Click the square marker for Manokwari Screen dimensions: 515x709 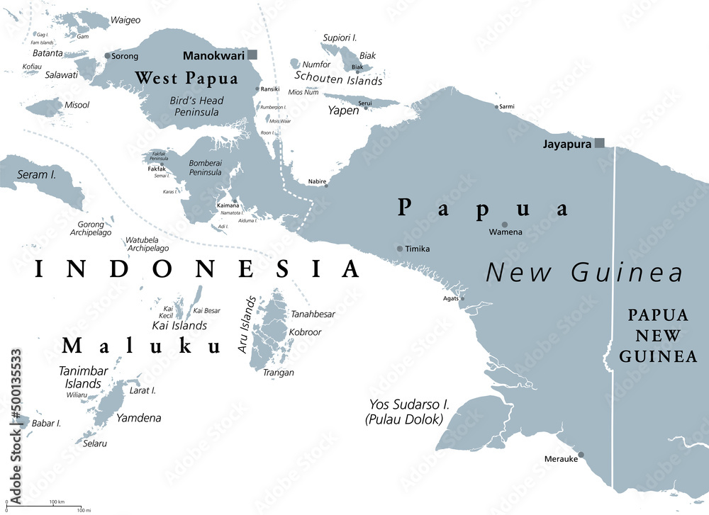click(252, 55)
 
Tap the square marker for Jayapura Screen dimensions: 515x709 click(599, 142)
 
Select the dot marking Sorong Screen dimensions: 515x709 click(107, 55)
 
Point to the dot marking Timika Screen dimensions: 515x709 click(400, 249)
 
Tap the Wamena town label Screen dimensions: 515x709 click(506, 232)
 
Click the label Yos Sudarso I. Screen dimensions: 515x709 click(408, 404)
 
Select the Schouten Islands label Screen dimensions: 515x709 click(338, 80)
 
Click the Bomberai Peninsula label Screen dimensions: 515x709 click(205, 167)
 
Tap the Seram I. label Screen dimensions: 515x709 click(37, 174)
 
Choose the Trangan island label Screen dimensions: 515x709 click(278, 372)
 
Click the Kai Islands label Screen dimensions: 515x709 click(179, 325)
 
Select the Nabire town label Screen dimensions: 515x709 click(317, 182)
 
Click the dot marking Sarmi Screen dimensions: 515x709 click(496, 107)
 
